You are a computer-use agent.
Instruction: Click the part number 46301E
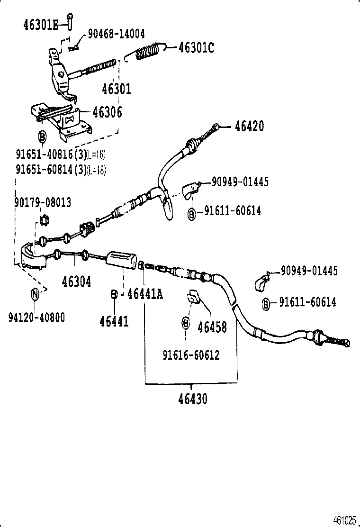click(x=40, y=25)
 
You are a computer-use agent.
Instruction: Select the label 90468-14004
click(x=116, y=34)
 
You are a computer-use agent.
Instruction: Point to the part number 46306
click(x=107, y=112)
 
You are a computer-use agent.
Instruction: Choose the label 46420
click(x=248, y=127)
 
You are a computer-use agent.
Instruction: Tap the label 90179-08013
click(x=43, y=203)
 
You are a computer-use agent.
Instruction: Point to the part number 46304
click(x=76, y=282)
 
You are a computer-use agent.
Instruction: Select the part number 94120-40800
click(x=36, y=317)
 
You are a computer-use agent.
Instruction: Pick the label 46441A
click(x=145, y=294)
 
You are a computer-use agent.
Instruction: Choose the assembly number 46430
click(x=193, y=399)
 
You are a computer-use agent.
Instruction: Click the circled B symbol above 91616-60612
click(x=186, y=323)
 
